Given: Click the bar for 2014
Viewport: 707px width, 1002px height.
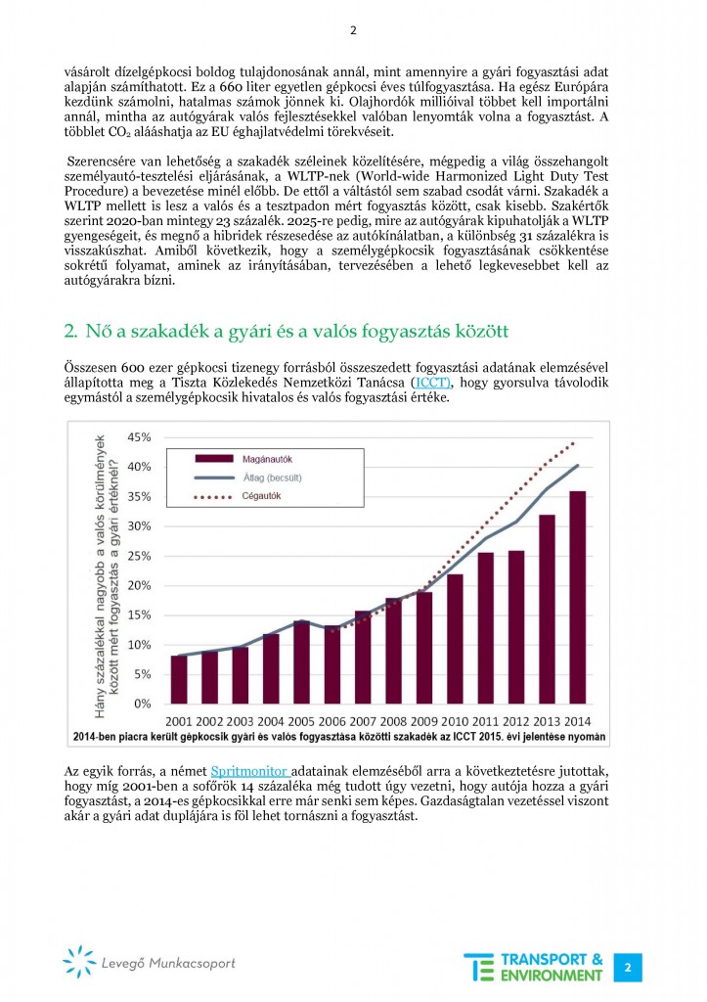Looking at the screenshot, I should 578,597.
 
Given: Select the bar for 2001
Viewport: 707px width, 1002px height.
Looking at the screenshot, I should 179,679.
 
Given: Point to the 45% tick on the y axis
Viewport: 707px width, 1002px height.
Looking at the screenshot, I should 140,437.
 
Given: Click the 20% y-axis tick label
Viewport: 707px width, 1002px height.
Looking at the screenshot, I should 140,585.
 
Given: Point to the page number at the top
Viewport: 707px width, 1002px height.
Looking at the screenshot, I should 353,30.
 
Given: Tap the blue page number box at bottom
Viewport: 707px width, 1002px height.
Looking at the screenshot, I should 629,968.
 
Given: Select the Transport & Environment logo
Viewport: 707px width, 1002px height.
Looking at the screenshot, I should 534,967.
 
